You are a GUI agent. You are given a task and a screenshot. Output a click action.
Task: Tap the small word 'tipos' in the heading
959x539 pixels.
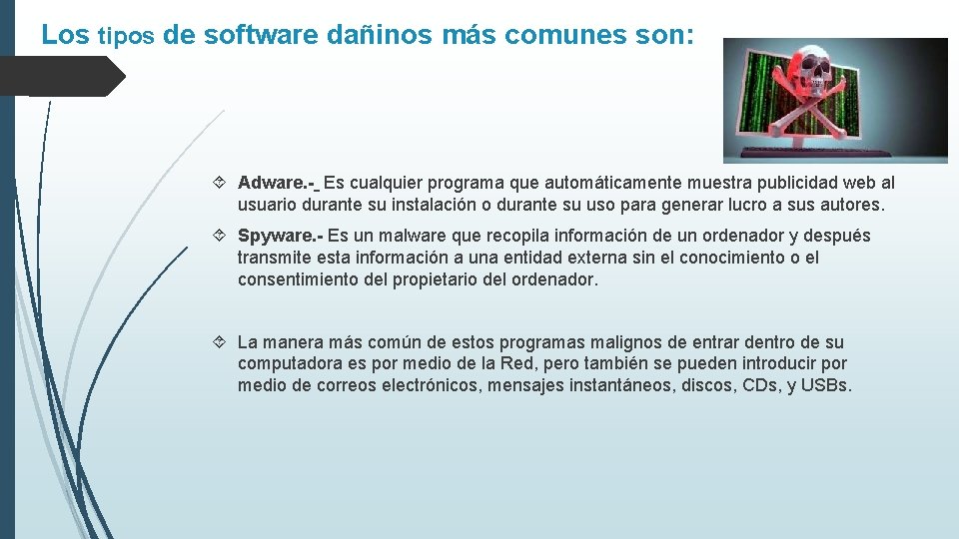[x=126, y=37]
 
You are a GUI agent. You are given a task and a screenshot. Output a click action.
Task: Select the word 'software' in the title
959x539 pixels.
[x=262, y=35]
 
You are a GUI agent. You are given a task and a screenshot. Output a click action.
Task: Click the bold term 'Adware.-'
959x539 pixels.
[x=277, y=183]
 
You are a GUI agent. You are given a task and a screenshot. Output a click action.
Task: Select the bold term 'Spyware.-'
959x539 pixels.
[x=280, y=236]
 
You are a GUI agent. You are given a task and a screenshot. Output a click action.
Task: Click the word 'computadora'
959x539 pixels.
[x=288, y=364]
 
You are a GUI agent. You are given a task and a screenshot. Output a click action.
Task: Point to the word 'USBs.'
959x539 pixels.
[x=826, y=386]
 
